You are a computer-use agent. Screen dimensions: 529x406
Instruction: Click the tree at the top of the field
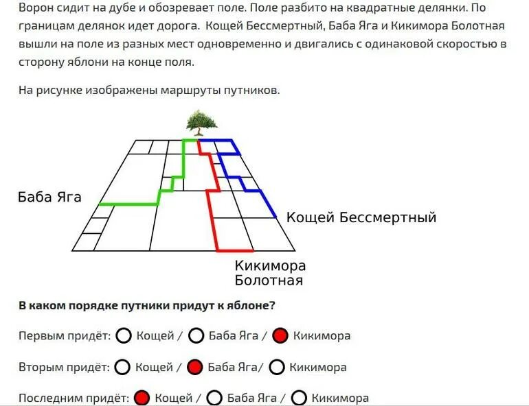coord(201,123)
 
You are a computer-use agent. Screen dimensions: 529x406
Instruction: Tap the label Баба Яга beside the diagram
coord(49,198)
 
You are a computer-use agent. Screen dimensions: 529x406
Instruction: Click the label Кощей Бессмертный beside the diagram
coord(361,218)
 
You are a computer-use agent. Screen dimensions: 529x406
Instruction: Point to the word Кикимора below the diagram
coord(270,265)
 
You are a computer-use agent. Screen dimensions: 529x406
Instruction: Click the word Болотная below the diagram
coord(269,280)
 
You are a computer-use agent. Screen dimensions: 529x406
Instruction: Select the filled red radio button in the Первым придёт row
coord(280,336)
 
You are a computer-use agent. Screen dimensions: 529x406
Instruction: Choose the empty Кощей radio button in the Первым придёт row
coord(124,336)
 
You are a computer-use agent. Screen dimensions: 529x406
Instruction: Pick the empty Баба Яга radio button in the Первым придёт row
coord(196,336)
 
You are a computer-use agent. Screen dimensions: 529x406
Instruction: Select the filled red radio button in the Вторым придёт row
coord(195,367)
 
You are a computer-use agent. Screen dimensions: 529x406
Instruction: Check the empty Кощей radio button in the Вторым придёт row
coord(123,367)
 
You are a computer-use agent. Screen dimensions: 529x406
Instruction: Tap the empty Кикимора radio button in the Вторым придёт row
coord(277,367)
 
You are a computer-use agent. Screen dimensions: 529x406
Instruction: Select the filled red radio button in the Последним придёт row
coord(142,398)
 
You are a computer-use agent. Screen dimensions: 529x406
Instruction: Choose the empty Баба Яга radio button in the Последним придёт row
coord(214,398)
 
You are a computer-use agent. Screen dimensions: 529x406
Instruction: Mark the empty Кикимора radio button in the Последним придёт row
coord(299,398)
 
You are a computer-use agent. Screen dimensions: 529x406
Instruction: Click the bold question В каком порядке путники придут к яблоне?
coord(152,305)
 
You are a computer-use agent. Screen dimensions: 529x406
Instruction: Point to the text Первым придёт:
coord(65,336)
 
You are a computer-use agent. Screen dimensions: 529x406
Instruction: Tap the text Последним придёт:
coord(74,398)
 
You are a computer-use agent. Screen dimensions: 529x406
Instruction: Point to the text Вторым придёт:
coord(64,367)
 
